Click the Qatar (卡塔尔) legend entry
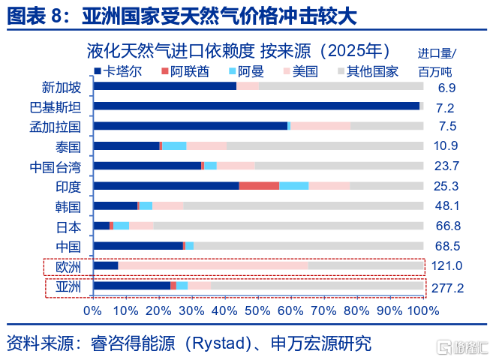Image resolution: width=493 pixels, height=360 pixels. click(x=121, y=72)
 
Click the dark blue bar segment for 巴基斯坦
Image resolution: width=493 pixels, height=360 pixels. click(x=256, y=106)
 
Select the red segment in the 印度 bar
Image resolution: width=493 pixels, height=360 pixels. click(x=259, y=185)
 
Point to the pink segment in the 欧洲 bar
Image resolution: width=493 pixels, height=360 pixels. click(x=213, y=265)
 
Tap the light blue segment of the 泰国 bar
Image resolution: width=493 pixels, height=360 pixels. click(x=174, y=145)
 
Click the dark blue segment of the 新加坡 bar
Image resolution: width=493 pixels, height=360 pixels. click(x=164, y=86)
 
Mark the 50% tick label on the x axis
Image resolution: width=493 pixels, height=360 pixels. click(x=257, y=310)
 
